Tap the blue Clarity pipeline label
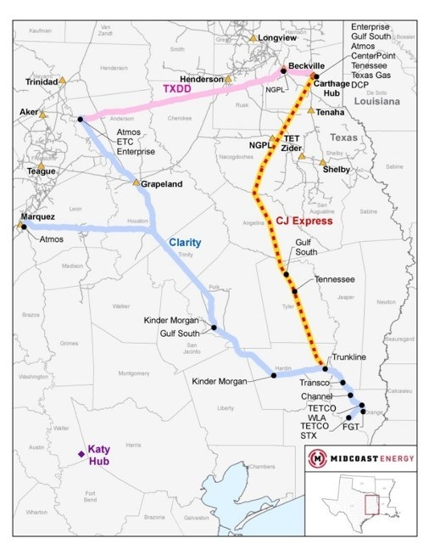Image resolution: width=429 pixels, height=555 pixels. [185, 242]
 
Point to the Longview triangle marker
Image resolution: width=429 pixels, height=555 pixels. [253, 38]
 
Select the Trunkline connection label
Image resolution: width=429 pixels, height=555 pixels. [348, 357]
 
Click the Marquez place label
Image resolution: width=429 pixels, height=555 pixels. [38, 216]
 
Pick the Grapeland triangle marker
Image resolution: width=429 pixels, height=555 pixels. [136, 182]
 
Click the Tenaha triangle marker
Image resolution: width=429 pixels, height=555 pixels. [311, 110]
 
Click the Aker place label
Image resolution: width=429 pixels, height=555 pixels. [27, 113]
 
